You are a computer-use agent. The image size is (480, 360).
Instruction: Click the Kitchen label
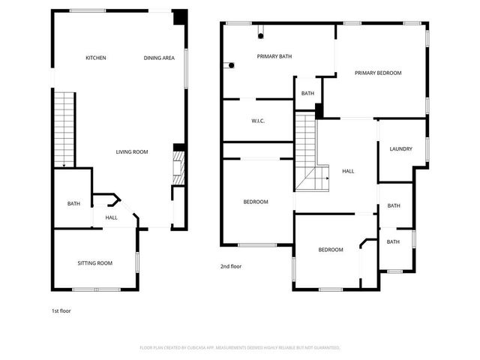pyautogui.click(x=95, y=58)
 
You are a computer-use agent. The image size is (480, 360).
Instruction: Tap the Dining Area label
pyautogui.click(x=159, y=58)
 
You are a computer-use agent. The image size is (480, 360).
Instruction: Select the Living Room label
pyautogui.click(x=131, y=152)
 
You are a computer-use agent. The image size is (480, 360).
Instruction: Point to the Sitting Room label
pyautogui.click(x=94, y=262)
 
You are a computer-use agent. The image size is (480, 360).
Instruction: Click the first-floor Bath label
pyautogui.click(x=73, y=203)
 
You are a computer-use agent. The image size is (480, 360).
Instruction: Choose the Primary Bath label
pyautogui.click(x=274, y=56)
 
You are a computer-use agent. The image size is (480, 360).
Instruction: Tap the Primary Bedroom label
pyautogui.click(x=378, y=73)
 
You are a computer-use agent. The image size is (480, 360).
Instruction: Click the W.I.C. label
pyautogui.click(x=258, y=121)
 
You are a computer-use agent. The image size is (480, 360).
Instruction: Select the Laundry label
pyautogui.click(x=400, y=148)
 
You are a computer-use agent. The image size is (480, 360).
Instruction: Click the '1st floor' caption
pyautogui.click(x=61, y=310)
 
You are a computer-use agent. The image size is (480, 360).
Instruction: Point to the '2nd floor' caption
pyautogui.click(x=231, y=266)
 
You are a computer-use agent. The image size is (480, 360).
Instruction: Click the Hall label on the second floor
pyautogui.click(x=348, y=171)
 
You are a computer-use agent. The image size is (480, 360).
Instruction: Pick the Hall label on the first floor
pyautogui.click(x=111, y=217)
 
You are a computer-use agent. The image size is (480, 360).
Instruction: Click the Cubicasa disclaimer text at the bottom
pyautogui.click(x=240, y=348)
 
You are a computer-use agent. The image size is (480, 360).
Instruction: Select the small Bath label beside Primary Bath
pyautogui.click(x=307, y=94)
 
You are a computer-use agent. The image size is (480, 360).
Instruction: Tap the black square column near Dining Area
pyautogui.click(x=180, y=17)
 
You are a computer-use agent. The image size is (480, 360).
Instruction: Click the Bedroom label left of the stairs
pyautogui.click(x=256, y=202)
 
